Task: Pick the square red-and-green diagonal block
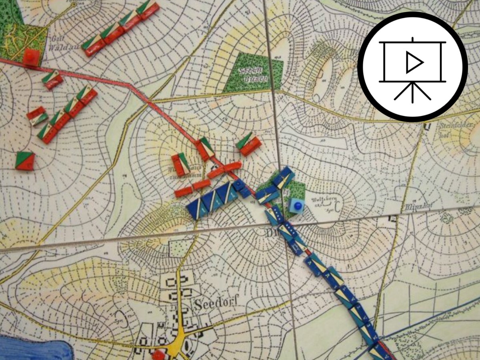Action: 25,161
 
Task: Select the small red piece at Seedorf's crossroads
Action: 159,354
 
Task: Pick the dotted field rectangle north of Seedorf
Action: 178,248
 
